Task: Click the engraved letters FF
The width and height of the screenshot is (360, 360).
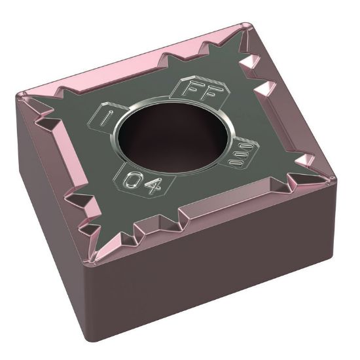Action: pos(194,90)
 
